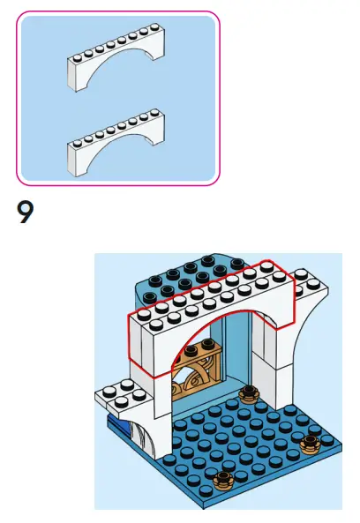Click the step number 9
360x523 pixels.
tap(25, 213)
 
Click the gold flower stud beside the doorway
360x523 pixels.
tap(249, 394)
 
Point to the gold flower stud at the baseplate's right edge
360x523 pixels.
tap(310, 444)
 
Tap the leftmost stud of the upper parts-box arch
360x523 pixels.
tap(77, 59)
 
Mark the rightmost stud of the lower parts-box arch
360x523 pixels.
tap(154, 113)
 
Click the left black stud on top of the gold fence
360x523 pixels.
tap(191, 349)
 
